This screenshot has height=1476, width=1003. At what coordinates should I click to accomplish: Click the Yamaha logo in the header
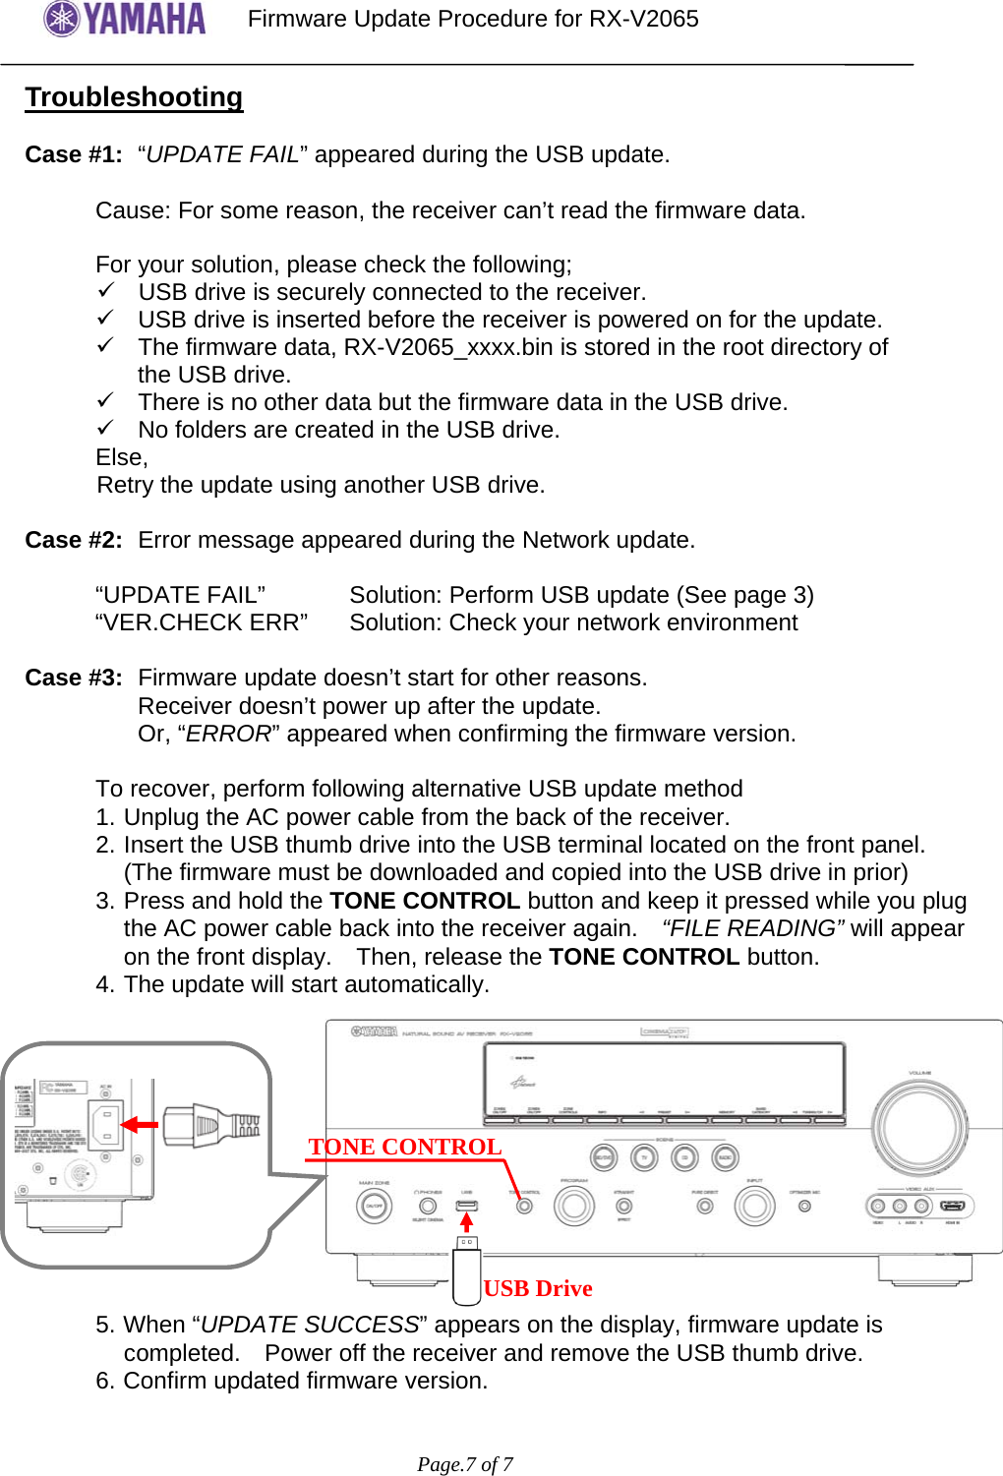(125, 19)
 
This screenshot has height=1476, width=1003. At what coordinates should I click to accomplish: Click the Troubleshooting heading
(134, 97)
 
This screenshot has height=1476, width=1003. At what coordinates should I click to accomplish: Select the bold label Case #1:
(74, 155)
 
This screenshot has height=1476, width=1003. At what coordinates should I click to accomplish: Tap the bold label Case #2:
(74, 541)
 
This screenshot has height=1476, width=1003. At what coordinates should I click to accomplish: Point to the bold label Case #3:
(74, 679)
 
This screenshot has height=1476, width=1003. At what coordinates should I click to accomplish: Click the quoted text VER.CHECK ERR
(202, 623)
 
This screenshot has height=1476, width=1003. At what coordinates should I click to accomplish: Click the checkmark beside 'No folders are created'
(106, 429)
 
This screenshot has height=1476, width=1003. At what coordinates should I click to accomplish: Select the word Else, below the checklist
(122, 458)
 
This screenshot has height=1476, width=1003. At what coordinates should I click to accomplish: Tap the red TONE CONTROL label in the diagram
(404, 1148)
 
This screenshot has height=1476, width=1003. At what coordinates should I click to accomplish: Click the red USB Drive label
(538, 1289)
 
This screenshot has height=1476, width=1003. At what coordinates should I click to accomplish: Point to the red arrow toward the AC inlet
(139, 1125)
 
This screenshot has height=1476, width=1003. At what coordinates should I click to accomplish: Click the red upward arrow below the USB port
(467, 1221)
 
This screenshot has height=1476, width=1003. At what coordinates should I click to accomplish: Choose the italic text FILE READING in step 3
(753, 929)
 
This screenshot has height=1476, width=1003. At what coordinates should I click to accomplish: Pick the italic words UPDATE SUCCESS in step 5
(310, 1326)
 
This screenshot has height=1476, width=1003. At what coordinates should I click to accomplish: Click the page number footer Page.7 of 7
(465, 1464)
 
